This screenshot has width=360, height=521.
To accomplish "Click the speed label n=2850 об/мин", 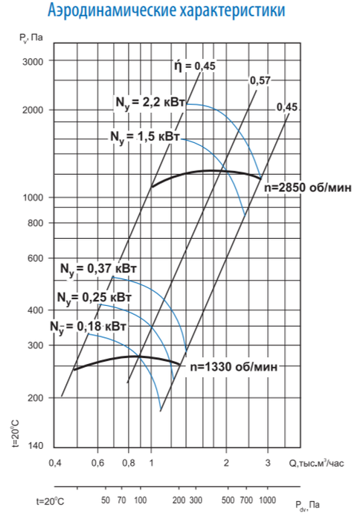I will (x=301, y=188).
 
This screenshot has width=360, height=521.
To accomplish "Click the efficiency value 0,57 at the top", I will (x=260, y=80).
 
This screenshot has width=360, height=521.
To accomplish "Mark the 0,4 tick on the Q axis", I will (x=55, y=463).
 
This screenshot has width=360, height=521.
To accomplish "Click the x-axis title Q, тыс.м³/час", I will (x=315, y=463).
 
